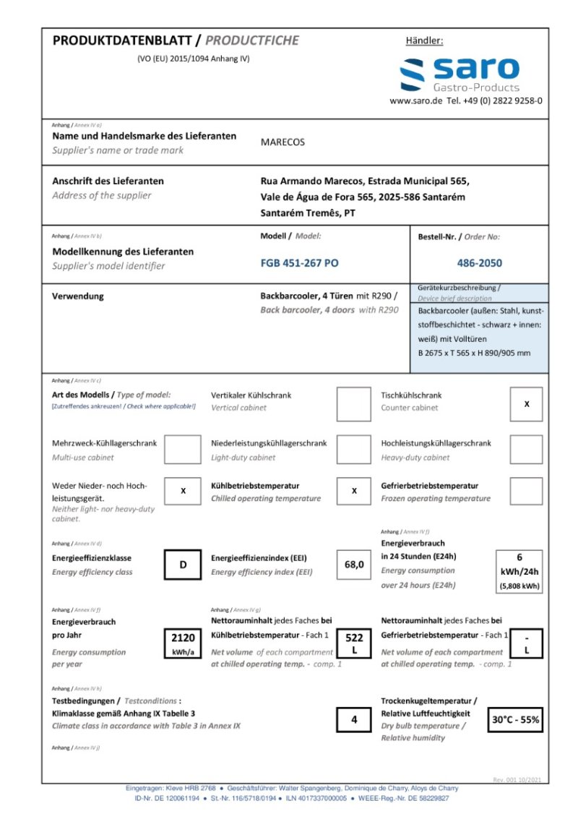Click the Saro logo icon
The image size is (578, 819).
pos(413,74)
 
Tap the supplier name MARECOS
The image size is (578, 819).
pos(282,142)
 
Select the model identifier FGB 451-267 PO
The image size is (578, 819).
pos(299,263)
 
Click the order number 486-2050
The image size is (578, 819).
pos(479,263)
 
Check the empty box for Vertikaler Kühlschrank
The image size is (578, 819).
pos(354,405)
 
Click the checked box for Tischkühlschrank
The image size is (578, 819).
pos(526,404)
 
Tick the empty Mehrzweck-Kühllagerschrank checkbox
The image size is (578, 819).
pos(183,450)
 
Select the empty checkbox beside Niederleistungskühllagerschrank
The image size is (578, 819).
pos(354,450)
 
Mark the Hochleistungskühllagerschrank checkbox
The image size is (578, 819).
pos(526,450)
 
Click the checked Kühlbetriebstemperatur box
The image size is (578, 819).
pos(354,491)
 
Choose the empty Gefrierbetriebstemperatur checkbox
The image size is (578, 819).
pos(526,491)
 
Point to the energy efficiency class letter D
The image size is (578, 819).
pos(183,565)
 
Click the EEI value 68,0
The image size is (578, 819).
pos(354,565)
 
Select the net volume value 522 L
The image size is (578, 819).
pos(354,643)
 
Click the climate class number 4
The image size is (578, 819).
pos(354,720)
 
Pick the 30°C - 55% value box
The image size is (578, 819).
pos(516,720)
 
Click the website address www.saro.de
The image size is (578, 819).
pos(415,101)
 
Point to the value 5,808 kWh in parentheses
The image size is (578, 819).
pos(519,586)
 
